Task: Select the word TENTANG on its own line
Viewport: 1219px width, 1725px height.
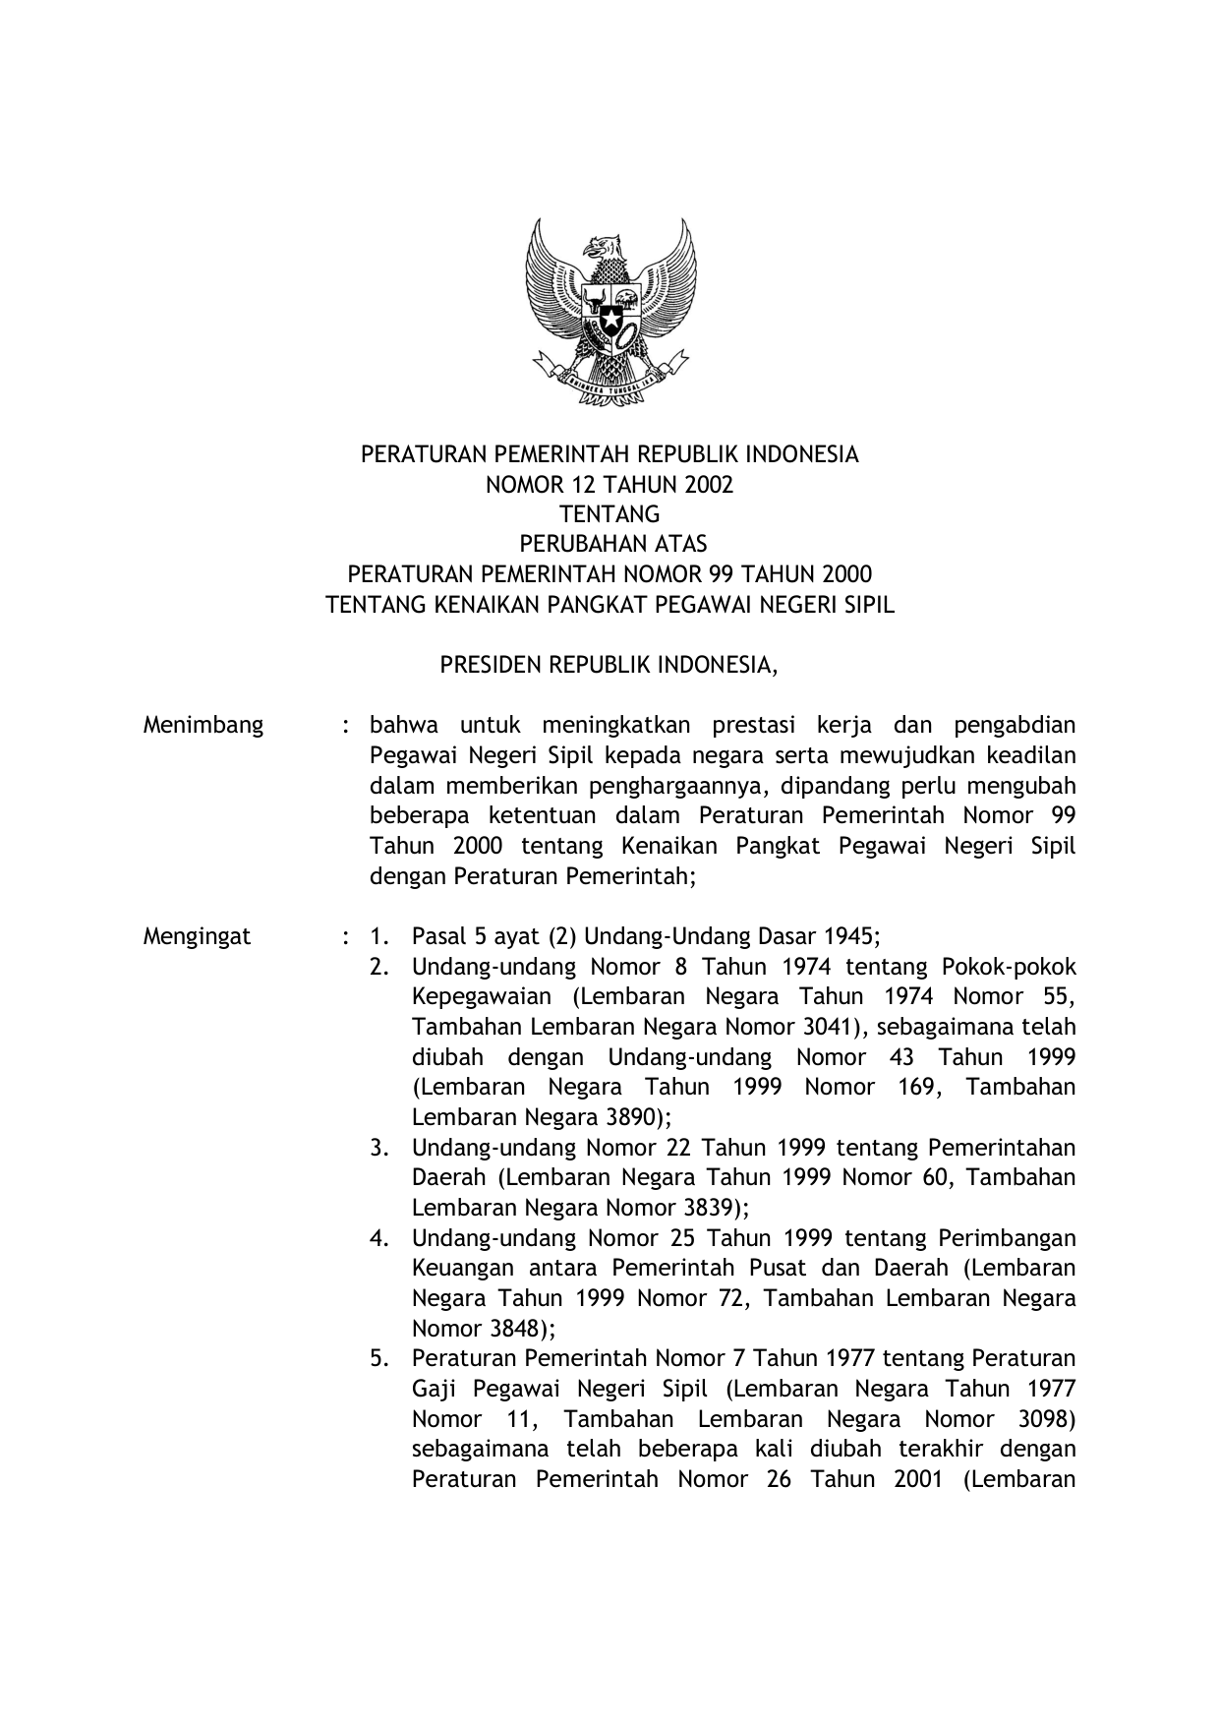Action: (609, 514)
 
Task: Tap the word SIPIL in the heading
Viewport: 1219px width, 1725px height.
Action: (869, 605)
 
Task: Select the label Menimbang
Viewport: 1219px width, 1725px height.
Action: (203, 726)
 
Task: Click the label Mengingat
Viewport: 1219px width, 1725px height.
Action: (197, 936)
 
